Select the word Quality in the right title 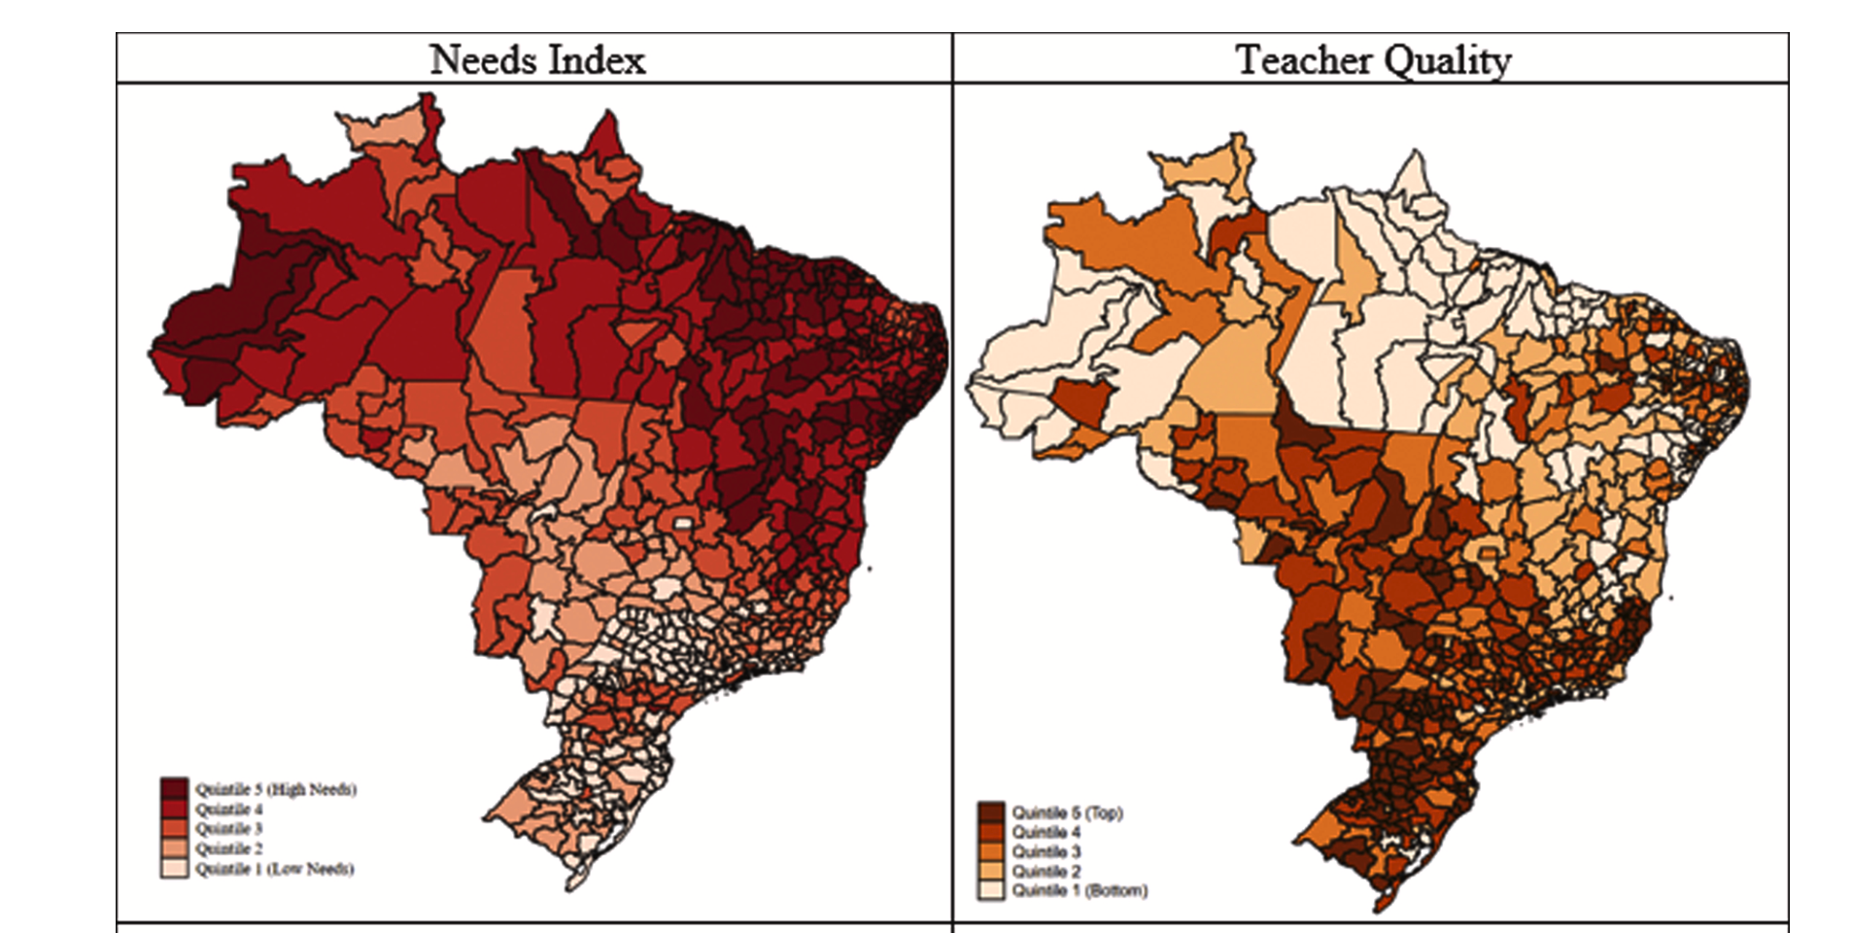1447,61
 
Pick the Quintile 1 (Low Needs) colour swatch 175,869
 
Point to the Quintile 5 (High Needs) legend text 275,789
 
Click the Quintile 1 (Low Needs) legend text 274,869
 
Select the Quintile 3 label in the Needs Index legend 228,829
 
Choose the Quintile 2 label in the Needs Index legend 228,848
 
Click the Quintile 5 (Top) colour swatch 991,812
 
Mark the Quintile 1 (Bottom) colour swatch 991,890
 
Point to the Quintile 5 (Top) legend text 1067,812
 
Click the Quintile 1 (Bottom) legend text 1079,890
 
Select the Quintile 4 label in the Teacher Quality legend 1046,832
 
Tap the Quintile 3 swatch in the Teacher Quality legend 991,851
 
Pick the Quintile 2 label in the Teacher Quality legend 1046,871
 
